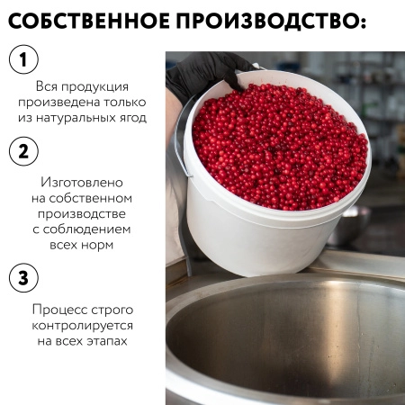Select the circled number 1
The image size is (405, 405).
(x=24, y=61)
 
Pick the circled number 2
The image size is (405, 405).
(x=24, y=149)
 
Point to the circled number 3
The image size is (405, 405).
(x=24, y=277)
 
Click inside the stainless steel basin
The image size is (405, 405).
(x=288, y=342)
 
